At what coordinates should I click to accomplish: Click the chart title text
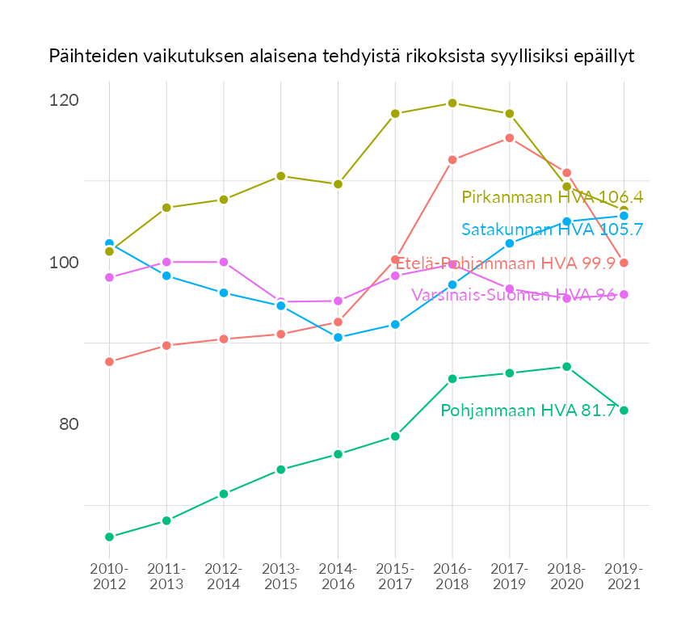(x=341, y=57)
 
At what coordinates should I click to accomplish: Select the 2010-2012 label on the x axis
(x=109, y=577)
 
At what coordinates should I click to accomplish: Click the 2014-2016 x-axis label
(x=338, y=577)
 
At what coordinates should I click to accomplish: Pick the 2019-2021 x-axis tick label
(x=624, y=577)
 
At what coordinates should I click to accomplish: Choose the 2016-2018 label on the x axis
(x=452, y=577)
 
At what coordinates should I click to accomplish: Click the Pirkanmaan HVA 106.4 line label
(x=552, y=197)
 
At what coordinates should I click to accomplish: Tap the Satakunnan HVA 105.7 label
(x=552, y=229)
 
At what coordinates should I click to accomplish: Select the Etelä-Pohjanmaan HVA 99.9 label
(x=505, y=263)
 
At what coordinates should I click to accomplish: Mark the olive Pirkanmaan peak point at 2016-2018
(x=452, y=103)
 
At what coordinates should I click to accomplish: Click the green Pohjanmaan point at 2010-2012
(x=109, y=537)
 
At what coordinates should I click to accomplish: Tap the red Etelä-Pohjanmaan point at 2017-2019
(x=510, y=138)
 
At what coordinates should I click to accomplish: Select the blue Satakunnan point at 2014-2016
(x=338, y=337)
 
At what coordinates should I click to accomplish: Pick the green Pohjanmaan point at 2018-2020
(x=566, y=367)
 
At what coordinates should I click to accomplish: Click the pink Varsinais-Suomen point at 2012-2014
(x=224, y=262)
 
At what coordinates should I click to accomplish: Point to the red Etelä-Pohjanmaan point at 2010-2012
(x=109, y=361)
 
